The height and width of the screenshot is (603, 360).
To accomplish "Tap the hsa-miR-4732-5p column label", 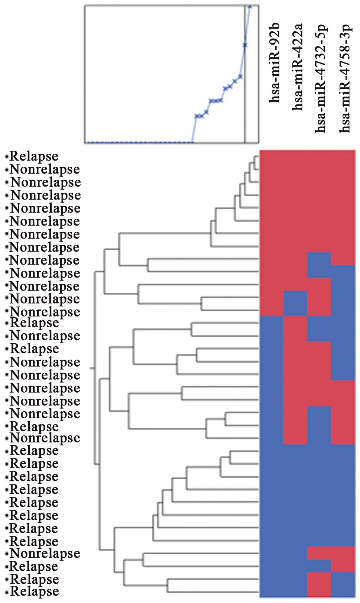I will (x=320, y=78).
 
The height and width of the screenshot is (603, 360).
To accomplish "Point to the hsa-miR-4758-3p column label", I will (x=345, y=78).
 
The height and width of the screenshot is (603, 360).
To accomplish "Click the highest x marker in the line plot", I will (x=250, y=6).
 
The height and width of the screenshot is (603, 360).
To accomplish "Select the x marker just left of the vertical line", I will (x=240, y=77).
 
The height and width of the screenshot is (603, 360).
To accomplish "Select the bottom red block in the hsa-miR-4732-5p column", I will (x=319, y=584).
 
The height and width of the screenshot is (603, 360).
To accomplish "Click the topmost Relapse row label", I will (x=34, y=156).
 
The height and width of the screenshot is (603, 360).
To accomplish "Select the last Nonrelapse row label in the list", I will (x=45, y=553).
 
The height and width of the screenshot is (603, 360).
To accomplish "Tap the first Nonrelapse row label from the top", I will (x=45, y=169).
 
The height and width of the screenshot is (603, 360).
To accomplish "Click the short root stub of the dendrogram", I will (x=92, y=368).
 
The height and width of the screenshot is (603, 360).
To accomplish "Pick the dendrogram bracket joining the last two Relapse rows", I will (x=168, y=585).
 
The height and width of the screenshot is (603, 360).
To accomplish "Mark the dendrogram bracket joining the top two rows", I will (x=254, y=163).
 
